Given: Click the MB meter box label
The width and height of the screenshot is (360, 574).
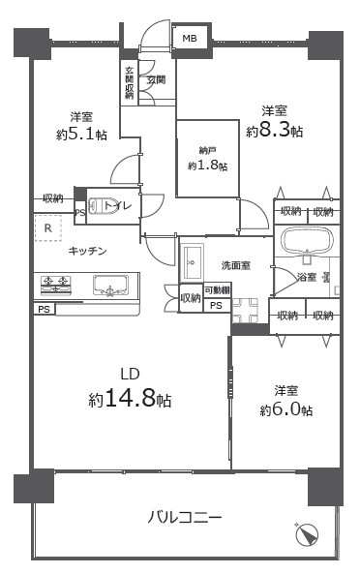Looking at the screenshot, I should coord(188,39).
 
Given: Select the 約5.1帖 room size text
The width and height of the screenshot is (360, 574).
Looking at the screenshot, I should coord(81,135).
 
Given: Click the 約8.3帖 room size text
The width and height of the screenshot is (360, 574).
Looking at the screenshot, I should coord(274,131).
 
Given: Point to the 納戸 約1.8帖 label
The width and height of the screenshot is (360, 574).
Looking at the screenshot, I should coord(207,159).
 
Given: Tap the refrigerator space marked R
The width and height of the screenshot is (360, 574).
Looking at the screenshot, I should coord(47,227).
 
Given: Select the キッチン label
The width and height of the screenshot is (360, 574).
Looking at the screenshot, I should coord(87,252).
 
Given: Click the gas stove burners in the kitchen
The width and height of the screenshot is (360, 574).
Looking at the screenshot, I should coord(57,285).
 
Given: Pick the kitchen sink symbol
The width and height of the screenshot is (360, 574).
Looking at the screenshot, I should coord(114,286).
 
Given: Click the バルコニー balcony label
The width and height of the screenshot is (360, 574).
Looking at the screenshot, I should coord(184,518).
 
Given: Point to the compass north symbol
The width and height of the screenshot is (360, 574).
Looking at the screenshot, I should coord(306,534).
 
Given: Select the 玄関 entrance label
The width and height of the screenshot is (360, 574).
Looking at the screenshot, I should coord(156,81).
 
